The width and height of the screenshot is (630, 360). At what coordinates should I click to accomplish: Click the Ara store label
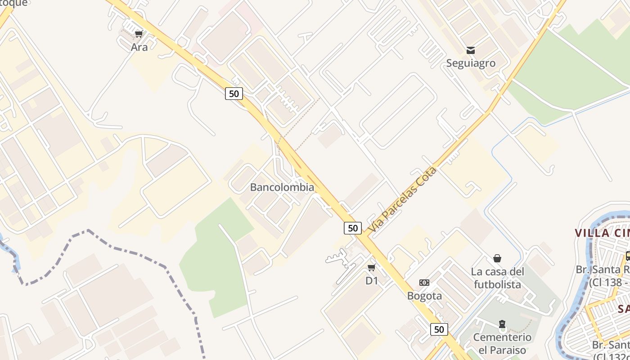(x=139, y=47)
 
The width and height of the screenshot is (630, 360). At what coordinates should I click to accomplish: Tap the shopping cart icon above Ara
(x=139, y=34)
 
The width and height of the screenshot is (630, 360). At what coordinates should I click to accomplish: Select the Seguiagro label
(x=471, y=63)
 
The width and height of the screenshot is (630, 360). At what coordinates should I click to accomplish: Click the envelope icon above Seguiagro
(x=471, y=50)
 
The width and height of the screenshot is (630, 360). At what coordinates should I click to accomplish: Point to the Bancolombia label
(x=282, y=187)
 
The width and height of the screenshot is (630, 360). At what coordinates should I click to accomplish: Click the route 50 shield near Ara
(x=234, y=94)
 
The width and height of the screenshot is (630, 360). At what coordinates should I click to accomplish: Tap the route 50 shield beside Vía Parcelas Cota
(x=353, y=228)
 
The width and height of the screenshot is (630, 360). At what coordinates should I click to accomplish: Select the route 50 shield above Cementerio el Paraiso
(x=439, y=329)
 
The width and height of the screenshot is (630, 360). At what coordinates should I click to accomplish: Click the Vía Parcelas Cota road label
(x=402, y=200)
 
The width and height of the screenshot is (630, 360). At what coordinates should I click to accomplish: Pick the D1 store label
(x=372, y=281)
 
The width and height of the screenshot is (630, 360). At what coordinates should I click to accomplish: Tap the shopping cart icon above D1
(x=372, y=268)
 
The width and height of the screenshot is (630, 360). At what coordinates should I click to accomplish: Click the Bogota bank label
(x=424, y=296)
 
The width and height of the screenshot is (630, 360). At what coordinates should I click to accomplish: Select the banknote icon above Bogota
(x=424, y=283)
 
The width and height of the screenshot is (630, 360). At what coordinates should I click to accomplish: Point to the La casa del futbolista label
(x=497, y=278)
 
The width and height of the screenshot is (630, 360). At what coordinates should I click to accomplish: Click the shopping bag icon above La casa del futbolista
(x=497, y=258)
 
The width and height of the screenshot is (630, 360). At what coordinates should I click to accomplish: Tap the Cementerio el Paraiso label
(x=502, y=343)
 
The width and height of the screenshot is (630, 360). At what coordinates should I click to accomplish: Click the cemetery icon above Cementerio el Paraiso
(x=502, y=324)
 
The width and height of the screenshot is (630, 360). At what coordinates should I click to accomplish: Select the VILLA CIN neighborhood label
(x=602, y=233)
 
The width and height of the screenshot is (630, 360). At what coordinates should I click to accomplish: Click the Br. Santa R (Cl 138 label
(x=603, y=276)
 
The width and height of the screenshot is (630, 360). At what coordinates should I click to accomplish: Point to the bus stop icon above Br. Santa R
(x=627, y=256)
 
